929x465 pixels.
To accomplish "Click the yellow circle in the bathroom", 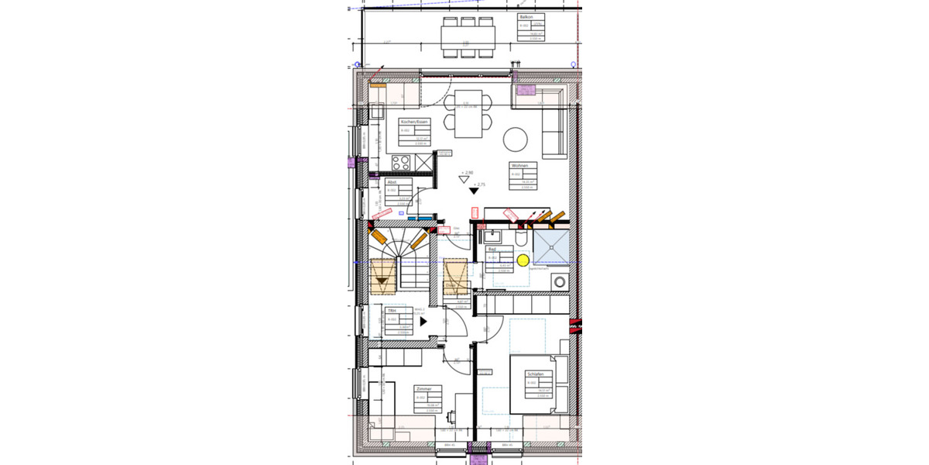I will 523,260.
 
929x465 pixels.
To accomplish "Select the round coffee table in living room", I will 516,139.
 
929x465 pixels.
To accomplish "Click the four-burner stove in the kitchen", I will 401,163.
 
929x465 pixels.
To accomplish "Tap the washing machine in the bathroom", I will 559,281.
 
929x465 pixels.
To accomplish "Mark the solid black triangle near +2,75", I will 473,191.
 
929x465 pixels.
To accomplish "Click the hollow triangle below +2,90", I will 464,179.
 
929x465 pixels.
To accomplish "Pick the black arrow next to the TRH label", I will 423,319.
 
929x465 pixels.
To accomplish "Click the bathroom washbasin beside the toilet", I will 492,236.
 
